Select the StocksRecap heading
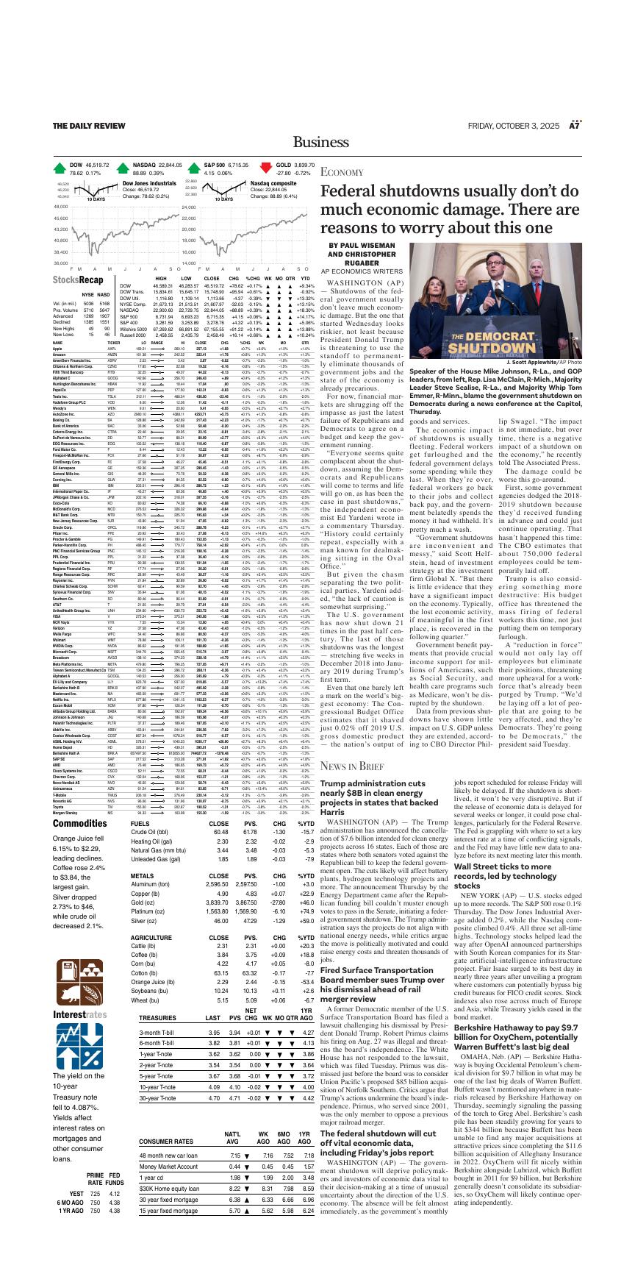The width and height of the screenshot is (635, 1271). pyautogui.click(x=78, y=280)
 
